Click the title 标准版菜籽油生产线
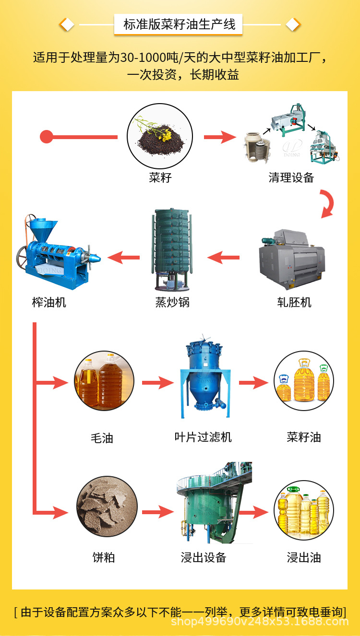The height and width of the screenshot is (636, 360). pos(180,24)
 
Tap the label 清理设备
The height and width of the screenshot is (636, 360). pos(291,178)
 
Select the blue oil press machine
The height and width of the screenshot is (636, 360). pos(59,252)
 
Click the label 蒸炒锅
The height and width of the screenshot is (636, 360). pos(172,302)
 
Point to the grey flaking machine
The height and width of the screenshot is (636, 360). pos(292,259)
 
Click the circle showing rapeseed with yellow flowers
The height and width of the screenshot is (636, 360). pos(160,136)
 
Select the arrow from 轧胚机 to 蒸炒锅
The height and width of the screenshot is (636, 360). pos(223,258)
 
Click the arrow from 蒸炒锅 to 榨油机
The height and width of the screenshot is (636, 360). pos(123,258)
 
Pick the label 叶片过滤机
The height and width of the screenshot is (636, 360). pos(203,437)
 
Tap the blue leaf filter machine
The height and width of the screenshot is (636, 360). pos(205,376)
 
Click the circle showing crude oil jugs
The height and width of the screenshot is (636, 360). pos(104,381)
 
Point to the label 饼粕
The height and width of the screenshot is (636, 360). pos(104,558)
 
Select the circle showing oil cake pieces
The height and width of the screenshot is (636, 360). pos(107,506)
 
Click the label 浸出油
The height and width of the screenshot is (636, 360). pos(304,558)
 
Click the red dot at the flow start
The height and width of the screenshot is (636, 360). pos(46,137)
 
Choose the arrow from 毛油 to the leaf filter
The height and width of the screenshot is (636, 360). pos(158,383)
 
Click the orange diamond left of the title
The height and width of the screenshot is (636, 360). pos(67,24)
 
